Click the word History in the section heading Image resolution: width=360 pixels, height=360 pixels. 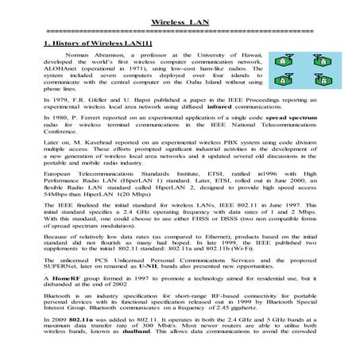pyautogui.click(x=66, y=41)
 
